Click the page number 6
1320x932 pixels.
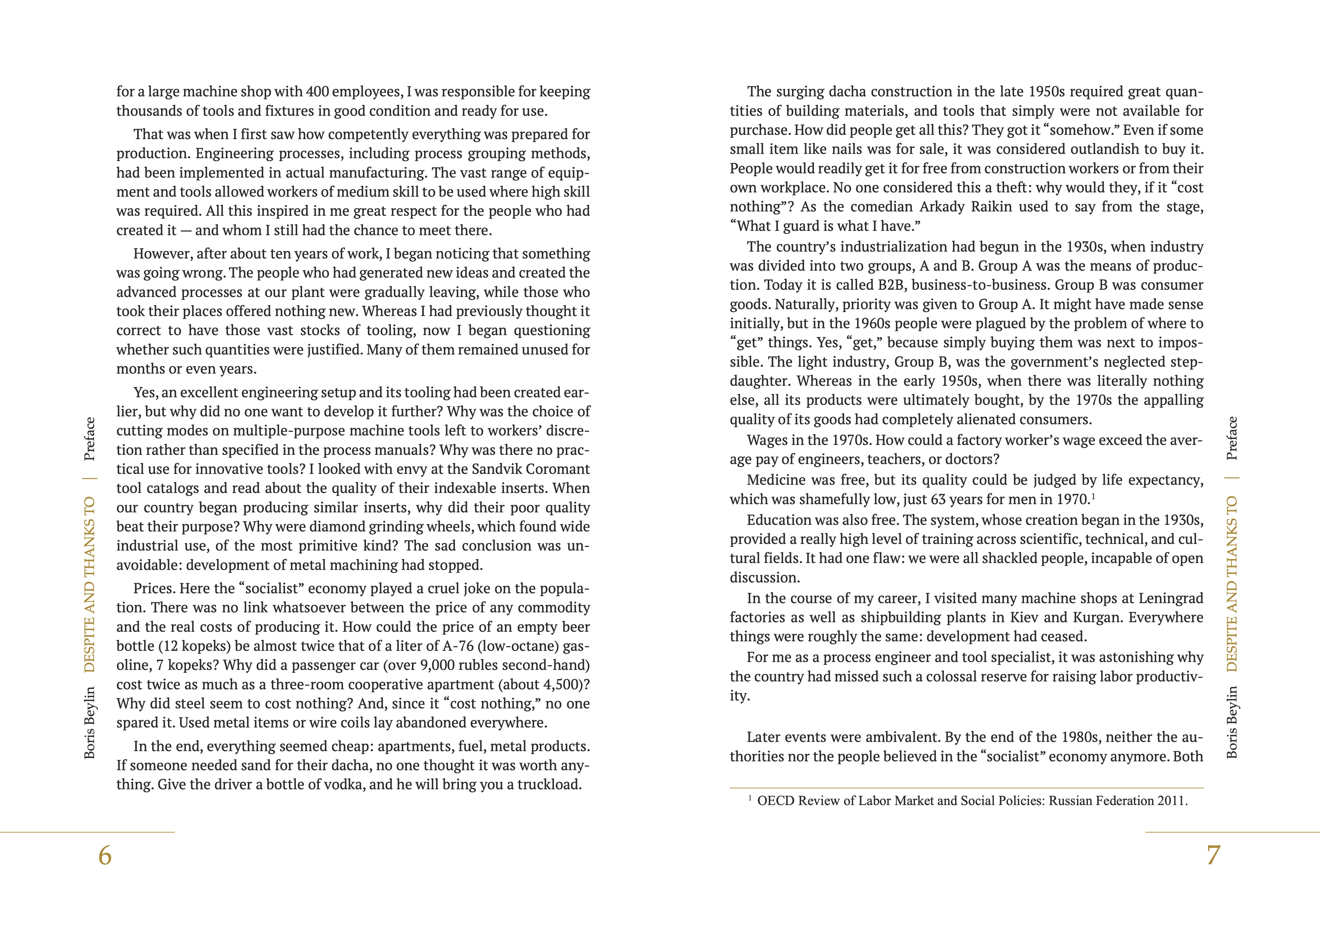105,856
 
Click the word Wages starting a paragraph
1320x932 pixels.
768,440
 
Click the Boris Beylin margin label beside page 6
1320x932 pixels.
90,723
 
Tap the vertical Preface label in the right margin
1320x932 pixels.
1232,438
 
